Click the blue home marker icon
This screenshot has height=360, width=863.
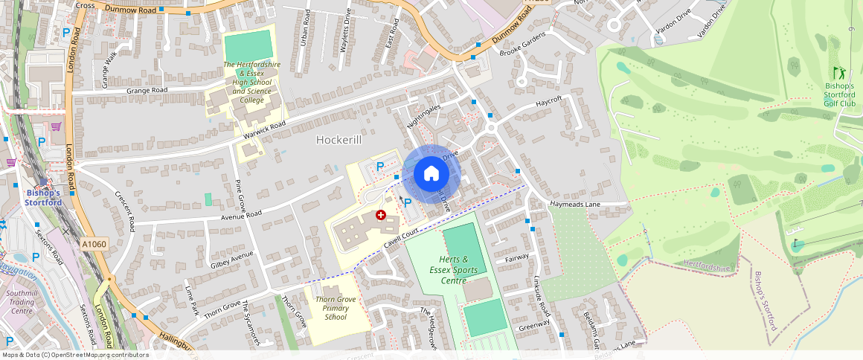click(x=431, y=174)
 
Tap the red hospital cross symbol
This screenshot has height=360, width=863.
click(x=381, y=215)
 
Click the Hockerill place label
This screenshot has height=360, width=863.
click(x=339, y=140)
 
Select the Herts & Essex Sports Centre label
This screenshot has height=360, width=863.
click(x=453, y=269)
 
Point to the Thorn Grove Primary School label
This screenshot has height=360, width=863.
click(x=336, y=308)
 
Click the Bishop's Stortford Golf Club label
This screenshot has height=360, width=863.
click(x=840, y=94)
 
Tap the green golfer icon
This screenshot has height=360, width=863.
click(x=840, y=73)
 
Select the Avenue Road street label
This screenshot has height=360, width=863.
click(x=241, y=215)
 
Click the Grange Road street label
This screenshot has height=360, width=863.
click(x=147, y=90)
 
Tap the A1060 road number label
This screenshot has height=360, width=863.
click(x=94, y=244)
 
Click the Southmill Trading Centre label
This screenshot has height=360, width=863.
click(x=22, y=302)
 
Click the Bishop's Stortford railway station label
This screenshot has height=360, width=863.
click(x=42, y=197)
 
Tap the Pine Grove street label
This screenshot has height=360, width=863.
click(x=239, y=195)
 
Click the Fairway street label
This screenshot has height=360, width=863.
click(x=516, y=258)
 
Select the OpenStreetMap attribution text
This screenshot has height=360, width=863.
click(x=74, y=355)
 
